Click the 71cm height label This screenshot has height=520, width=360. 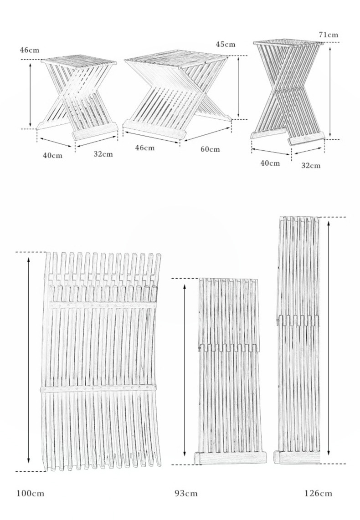click(x=329, y=35)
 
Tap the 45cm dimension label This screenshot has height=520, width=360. click(x=225, y=44)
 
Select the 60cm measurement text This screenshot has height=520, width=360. click(x=210, y=149)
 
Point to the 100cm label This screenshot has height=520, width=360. click(x=30, y=494)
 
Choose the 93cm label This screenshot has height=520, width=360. click(x=186, y=494)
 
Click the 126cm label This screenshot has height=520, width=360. click(x=318, y=494)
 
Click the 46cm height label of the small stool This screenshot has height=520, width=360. click(x=30, y=51)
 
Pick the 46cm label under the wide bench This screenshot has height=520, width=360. click(x=144, y=148)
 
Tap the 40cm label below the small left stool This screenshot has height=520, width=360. click(x=52, y=155)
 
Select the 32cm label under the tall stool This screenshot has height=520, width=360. click(x=311, y=165)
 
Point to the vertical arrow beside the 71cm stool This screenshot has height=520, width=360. click(x=330, y=92)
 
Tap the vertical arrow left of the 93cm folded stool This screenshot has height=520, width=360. click(x=185, y=370)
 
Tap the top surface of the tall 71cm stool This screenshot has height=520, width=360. click(x=288, y=42)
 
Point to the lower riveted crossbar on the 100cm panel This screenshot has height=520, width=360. click(x=98, y=388)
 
